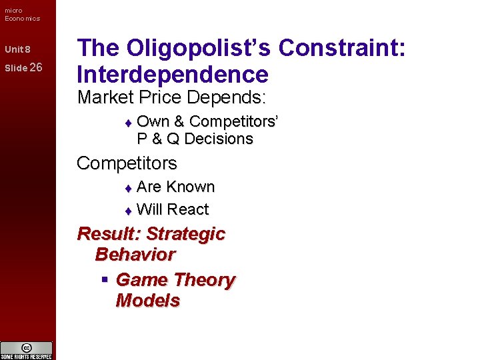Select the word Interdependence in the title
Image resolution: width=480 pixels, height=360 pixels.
pyautogui.click(x=173, y=74)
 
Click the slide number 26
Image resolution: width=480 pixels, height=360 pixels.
pyautogui.click(x=36, y=67)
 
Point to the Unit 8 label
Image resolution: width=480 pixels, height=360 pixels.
pyautogui.click(x=17, y=50)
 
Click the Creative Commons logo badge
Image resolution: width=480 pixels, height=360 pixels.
pyautogui.click(x=27, y=349)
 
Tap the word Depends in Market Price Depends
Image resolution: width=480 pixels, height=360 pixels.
pyautogui.click(x=226, y=97)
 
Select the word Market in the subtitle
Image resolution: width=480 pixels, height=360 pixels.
pyautogui.click(x=105, y=97)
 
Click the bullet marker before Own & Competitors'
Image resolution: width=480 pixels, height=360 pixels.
pyautogui.click(x=129, y=123)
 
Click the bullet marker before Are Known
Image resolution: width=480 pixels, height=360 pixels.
pyautogui.click(x=129, y=188)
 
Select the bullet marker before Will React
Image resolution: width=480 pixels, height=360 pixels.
pyautogui.click(x=129, y=211)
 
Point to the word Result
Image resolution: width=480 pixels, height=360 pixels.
pyautogui.click(x=108, y=234)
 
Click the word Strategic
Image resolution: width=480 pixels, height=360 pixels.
pyautogui.click(x=185, y=234)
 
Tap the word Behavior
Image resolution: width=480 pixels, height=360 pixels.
pyautogui.click(x=135, y=254)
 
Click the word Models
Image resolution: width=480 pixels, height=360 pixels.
pyautogui.click(x=147, y=300)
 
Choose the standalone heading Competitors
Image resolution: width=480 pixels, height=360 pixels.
pyautogui.click(x=127, y=163)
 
